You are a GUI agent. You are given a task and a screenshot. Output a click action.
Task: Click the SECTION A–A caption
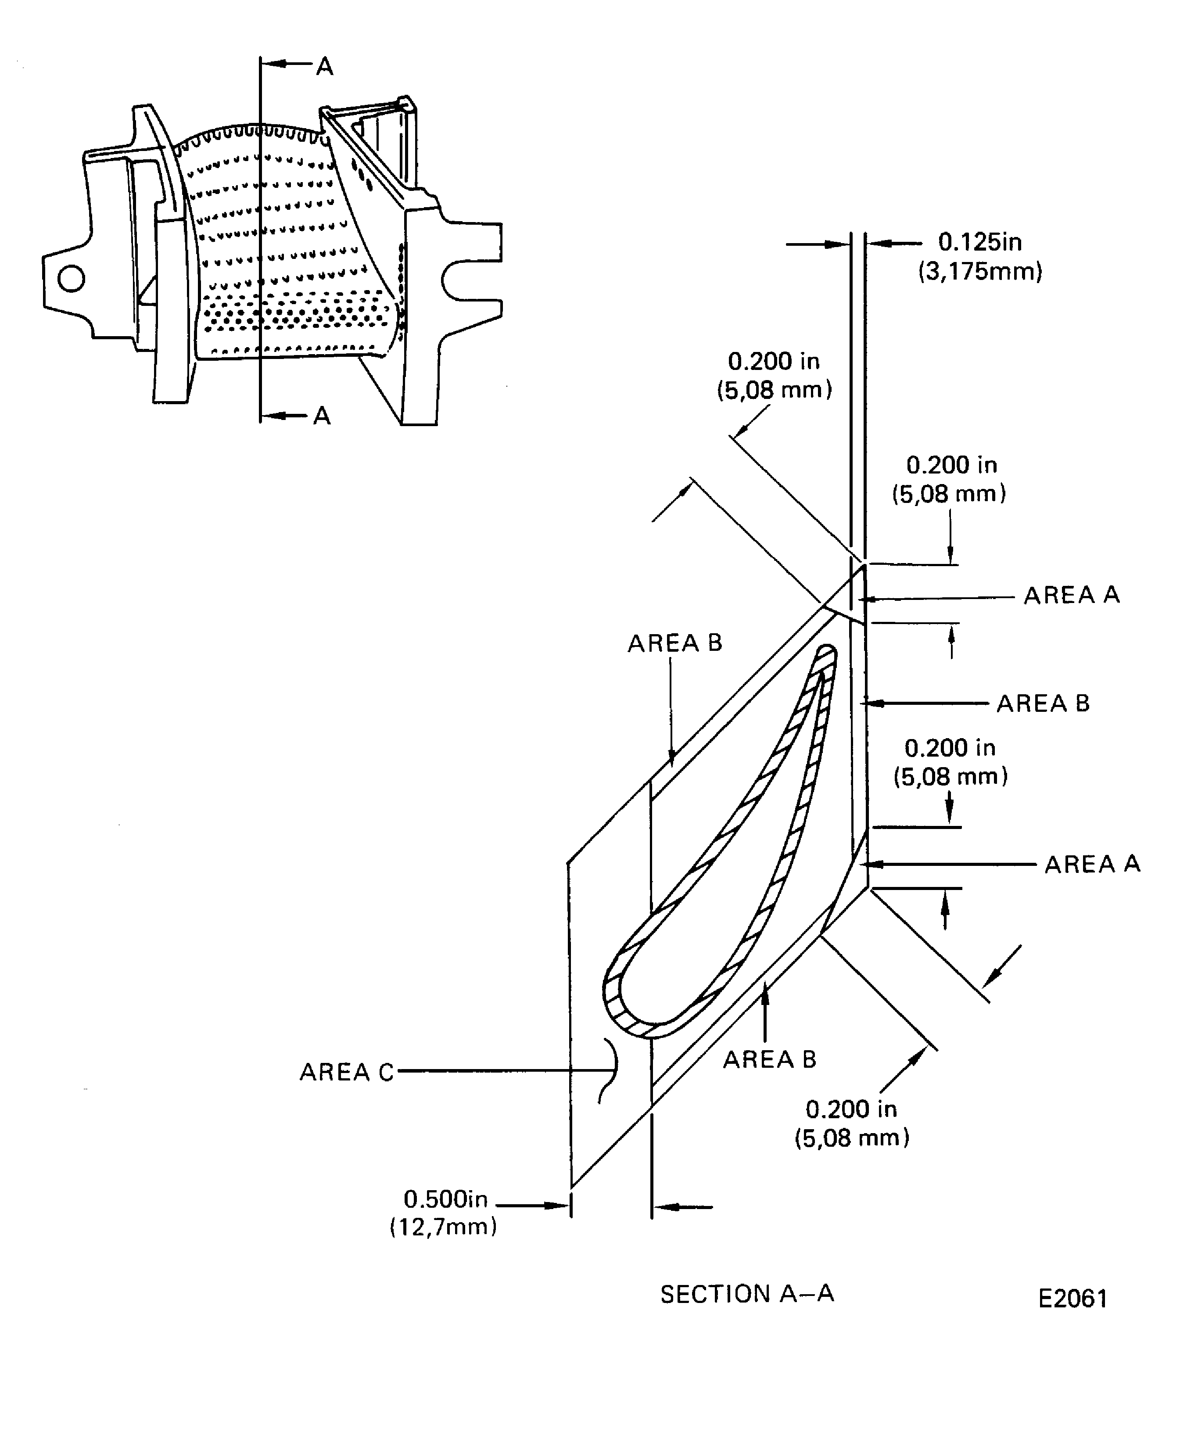coord(746,1294)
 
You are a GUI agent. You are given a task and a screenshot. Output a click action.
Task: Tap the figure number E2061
coord(1072,1298)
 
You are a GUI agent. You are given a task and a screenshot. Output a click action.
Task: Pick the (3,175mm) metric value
coord(980,271)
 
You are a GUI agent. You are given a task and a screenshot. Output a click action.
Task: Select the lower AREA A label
coord(1092,864)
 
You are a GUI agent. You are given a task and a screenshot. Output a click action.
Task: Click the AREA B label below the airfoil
coord(769,1059)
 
